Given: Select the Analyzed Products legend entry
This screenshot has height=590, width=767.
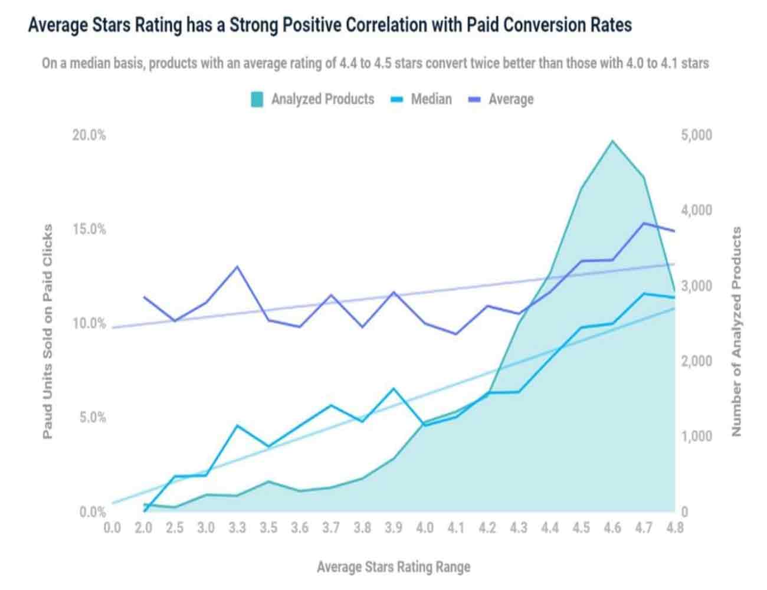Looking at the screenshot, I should (313, 99).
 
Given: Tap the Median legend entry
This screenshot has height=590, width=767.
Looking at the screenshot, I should (421, 99).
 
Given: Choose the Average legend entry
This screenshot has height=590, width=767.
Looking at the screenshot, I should (501, 99).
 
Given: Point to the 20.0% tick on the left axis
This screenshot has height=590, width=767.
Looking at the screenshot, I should (89, 135).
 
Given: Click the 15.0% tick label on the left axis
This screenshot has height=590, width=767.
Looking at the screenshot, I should (89, 229).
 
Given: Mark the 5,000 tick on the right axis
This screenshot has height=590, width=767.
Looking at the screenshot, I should (696, 135).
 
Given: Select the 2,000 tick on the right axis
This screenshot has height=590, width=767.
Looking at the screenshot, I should (696, 361).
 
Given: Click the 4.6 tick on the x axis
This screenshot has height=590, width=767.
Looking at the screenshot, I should (612, 527).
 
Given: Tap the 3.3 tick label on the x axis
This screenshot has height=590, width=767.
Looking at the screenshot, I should (237, 527).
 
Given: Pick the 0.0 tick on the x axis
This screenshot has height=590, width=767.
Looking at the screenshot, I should (112, 527).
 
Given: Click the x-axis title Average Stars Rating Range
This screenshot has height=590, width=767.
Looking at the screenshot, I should (394, 567).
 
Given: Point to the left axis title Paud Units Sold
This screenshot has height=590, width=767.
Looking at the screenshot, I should (48, 331).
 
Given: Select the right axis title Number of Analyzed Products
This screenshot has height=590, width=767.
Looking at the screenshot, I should (736, 332).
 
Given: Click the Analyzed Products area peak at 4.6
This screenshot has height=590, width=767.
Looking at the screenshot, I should (612, 141).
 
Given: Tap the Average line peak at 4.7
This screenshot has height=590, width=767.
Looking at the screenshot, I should (644, 223).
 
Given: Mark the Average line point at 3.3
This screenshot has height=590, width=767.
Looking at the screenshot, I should (237, 267).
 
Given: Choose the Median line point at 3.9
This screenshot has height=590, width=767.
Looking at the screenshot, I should (393, 389).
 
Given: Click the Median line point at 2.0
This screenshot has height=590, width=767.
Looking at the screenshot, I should (144, 511).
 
